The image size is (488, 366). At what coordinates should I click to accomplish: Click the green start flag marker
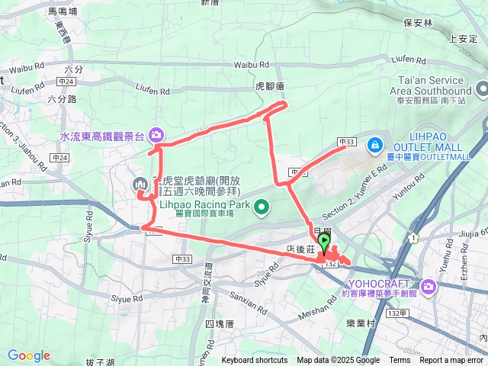pyautogui.click(x=324, y=242)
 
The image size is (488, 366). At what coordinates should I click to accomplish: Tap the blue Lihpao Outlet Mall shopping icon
pyautogui.click(x=374, y=143)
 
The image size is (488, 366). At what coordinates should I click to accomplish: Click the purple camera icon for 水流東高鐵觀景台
pyautogui.click(x=156, y=135)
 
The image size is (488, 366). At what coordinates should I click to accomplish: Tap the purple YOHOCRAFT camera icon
pyautogui.click(x=427, y=287)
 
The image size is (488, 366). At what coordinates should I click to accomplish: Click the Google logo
pyautogui.click(x=28, y=356)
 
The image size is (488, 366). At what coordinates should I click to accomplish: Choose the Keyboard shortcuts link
pyautogui.click(x=255, y=361)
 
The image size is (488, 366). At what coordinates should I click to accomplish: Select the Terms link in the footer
pyautogui.click(x=400, y=361)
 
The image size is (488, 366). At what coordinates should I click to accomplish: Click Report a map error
pyautogui.click(x=451, y=361)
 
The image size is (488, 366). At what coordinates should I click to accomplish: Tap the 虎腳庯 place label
pyautogui.click(x=269, y=87)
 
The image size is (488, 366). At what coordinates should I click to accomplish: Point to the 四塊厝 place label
pyautogui.click(x=219, y=324)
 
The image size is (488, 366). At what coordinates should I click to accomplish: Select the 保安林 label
pyautogui.click(x=418, y=23)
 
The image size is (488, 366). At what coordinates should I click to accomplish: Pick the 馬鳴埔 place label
pyautogui.click(x=63, y=12)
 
